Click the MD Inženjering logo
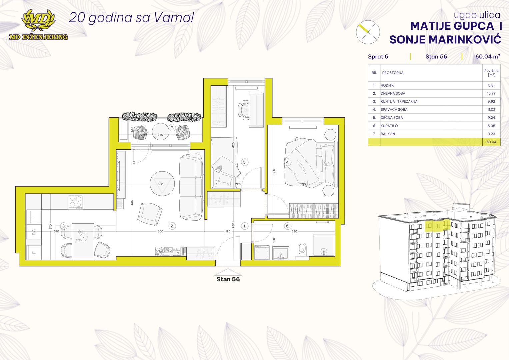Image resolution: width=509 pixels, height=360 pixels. click(x=38, y=25)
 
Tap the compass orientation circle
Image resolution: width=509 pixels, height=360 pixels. click(x=368, y=32)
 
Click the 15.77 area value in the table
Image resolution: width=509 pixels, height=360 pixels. click(x=491, y=93)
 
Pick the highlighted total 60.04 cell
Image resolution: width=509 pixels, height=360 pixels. click(x=491, y=142)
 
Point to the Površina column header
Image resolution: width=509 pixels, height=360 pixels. click(x=491, y=73)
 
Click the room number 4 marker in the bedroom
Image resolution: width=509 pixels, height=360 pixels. click(x=288, y=162)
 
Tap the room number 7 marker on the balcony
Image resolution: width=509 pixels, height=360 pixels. click(x=172, y=128)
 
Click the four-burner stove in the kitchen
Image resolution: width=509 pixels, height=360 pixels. click(x=76, y=202)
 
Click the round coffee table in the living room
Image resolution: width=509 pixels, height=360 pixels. click(x=162, y=184)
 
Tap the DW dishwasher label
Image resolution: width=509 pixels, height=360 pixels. click(x=34, y=232)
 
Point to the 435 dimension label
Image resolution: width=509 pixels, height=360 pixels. click(x=132, y=203)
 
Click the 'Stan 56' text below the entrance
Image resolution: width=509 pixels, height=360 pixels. click(x=228, y=279)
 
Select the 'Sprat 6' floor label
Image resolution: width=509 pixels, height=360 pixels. click(x=378, y=57)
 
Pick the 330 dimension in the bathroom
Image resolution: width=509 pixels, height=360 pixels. click(x=294, y=231)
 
